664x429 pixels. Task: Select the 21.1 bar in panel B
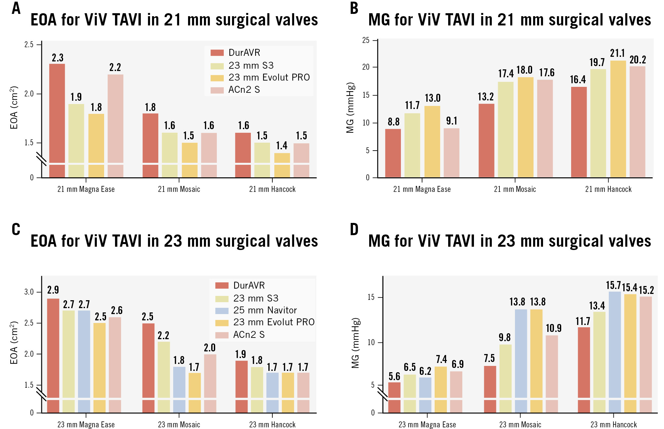(x=618, y=119)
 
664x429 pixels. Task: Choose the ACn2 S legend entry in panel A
(x=244, y=90)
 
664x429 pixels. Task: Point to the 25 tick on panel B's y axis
(x=366, y=40)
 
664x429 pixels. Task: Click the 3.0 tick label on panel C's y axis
(x=29, y=292)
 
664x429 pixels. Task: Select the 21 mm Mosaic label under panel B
(x=515, y=189)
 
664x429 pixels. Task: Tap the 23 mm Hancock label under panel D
(x=613, y=425)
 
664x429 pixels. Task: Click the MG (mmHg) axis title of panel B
(x=350, y=108)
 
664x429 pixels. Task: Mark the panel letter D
(x=354, y=229)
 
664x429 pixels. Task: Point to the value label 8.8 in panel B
(x=393, y=122)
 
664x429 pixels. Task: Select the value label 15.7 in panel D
(x=613, y=285)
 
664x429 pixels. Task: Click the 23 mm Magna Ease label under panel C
(x=86, y=425)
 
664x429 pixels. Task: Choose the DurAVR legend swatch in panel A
(x=217, y=53)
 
